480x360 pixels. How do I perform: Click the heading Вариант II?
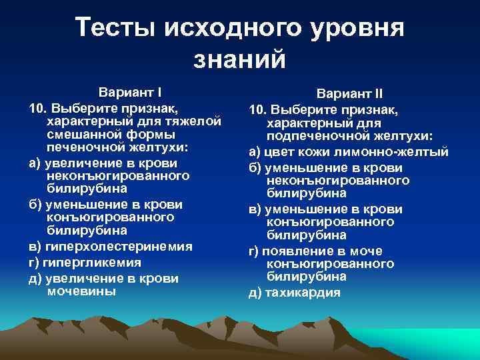[x=349, y=94]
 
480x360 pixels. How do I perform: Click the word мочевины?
[x=82, y=291]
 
